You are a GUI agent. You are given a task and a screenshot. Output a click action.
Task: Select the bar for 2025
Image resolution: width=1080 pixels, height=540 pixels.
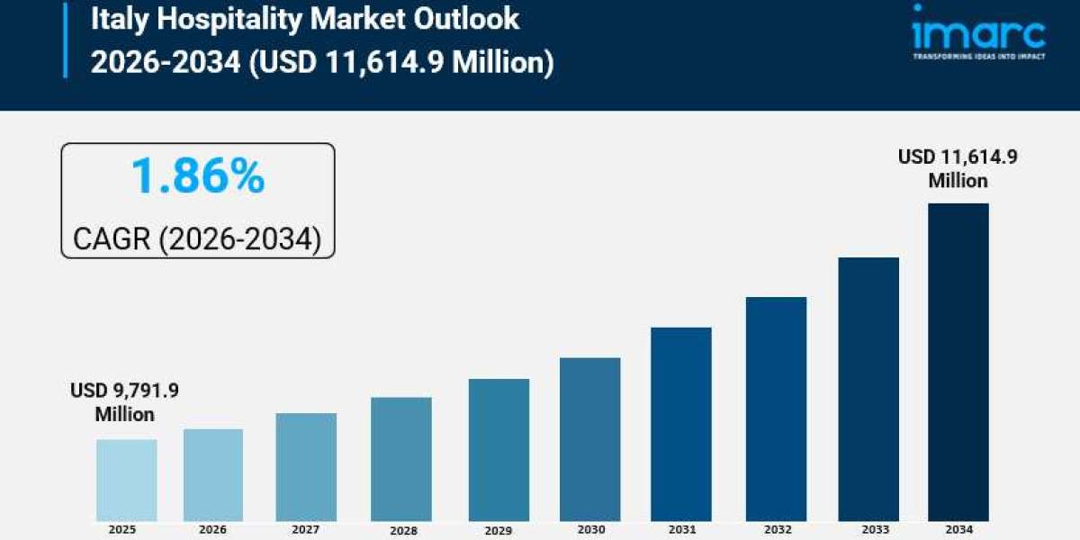coord(127,480)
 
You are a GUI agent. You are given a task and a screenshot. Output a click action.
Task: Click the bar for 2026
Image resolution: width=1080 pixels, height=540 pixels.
coord(213,474)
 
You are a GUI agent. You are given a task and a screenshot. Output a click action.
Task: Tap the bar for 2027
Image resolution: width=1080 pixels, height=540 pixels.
coord(306,466)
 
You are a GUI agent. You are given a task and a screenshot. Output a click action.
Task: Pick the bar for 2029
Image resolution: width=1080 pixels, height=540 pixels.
coord(499,449)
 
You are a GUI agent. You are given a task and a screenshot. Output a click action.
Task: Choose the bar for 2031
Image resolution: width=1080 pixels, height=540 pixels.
coord(680,423)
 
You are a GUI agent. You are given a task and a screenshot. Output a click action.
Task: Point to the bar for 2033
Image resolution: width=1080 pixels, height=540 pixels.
coord(868,389)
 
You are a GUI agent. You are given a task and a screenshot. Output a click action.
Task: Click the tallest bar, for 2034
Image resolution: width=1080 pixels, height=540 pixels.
coord(958,362)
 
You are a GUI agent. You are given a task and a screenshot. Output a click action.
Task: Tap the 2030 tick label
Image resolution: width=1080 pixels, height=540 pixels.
coord(589,529)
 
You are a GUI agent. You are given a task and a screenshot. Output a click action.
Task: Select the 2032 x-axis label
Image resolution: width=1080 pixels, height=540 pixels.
coord(776,529)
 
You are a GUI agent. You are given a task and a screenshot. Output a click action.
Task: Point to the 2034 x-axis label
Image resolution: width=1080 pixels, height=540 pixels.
coord(958,529)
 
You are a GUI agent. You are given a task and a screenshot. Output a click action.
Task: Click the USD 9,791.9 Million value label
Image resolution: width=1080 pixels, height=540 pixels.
coord(125,402)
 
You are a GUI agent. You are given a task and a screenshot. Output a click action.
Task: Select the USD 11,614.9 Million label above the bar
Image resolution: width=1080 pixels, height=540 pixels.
coord(958,168)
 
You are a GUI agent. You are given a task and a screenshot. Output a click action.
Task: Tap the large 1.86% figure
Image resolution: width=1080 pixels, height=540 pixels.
coord(198,175)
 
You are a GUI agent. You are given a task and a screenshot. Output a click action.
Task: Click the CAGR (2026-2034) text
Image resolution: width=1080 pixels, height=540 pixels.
coord(197,239)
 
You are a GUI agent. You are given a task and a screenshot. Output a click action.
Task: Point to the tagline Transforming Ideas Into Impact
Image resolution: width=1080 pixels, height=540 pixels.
coord(978,56)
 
